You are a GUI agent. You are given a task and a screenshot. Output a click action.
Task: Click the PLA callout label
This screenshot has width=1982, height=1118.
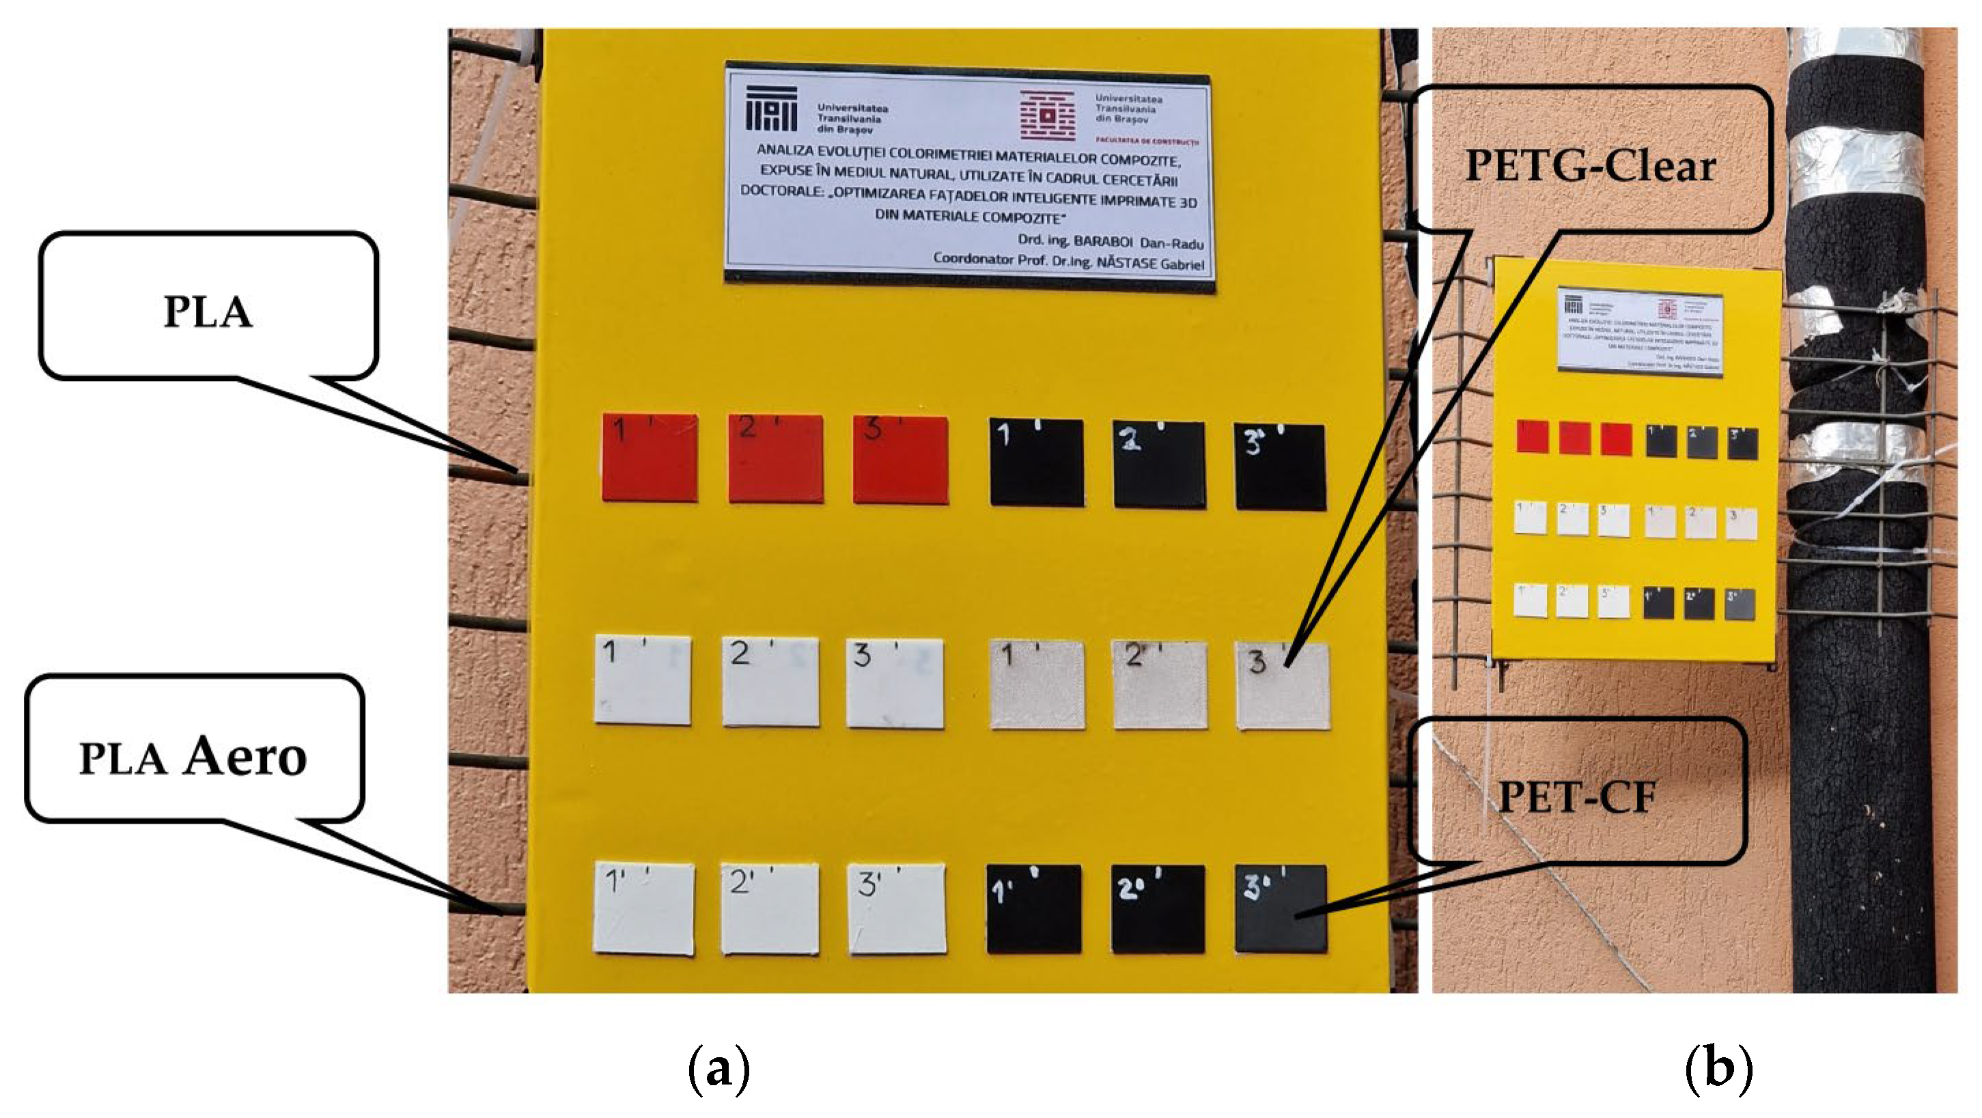pos(208,311)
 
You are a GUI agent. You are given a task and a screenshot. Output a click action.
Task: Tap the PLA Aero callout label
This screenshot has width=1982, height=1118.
pos(193,756)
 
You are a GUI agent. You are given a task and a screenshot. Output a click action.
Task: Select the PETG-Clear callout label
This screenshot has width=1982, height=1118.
pos(1591,165)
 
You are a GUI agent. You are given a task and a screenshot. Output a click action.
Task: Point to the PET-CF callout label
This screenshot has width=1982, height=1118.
pos(1576,796)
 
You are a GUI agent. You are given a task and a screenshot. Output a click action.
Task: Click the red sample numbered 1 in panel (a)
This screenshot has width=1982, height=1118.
pos(650,458)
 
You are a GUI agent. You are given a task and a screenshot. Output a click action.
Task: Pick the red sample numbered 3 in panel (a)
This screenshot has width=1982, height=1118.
pos(900,460)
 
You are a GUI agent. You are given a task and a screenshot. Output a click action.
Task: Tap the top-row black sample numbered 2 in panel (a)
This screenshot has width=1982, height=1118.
pos(1159,464)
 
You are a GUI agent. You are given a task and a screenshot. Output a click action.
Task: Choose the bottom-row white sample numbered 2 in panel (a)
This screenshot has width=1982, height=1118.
pos(770,909)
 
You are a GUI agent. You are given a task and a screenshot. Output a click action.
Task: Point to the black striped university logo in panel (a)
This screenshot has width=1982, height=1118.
pos(771,109)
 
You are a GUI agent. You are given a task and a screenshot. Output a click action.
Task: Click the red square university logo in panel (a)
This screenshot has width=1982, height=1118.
pos(1046,116)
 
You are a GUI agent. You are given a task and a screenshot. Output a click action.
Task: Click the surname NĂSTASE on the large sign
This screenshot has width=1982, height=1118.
pos(1129,262)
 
